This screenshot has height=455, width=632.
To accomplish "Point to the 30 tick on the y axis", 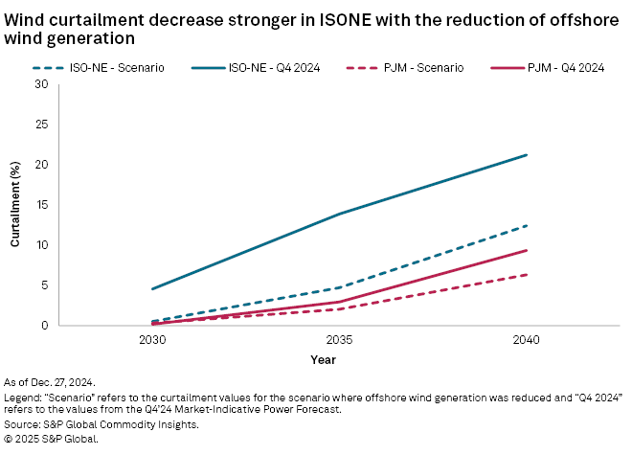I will point(41,84).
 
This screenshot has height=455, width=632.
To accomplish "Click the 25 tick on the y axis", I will point(41,125).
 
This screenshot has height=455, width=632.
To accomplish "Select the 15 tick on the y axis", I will point(41,205).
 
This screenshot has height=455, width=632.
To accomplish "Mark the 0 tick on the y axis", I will point(44,326).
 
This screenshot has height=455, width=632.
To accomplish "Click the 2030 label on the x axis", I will point(152,340).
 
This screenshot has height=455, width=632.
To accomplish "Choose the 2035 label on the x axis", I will point(339,340).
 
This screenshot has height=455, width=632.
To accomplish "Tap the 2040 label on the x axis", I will point(526,340).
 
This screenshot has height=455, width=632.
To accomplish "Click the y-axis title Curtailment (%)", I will point(15,205).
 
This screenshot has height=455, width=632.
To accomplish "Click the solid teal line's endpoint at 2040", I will point(526,155).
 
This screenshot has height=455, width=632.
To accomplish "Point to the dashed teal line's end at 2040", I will point(526,226).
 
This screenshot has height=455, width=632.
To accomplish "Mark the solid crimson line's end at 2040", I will point(526,250).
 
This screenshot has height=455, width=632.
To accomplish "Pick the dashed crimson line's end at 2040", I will point(526,275).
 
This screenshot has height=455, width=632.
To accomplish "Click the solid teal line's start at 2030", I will point(152,289).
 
